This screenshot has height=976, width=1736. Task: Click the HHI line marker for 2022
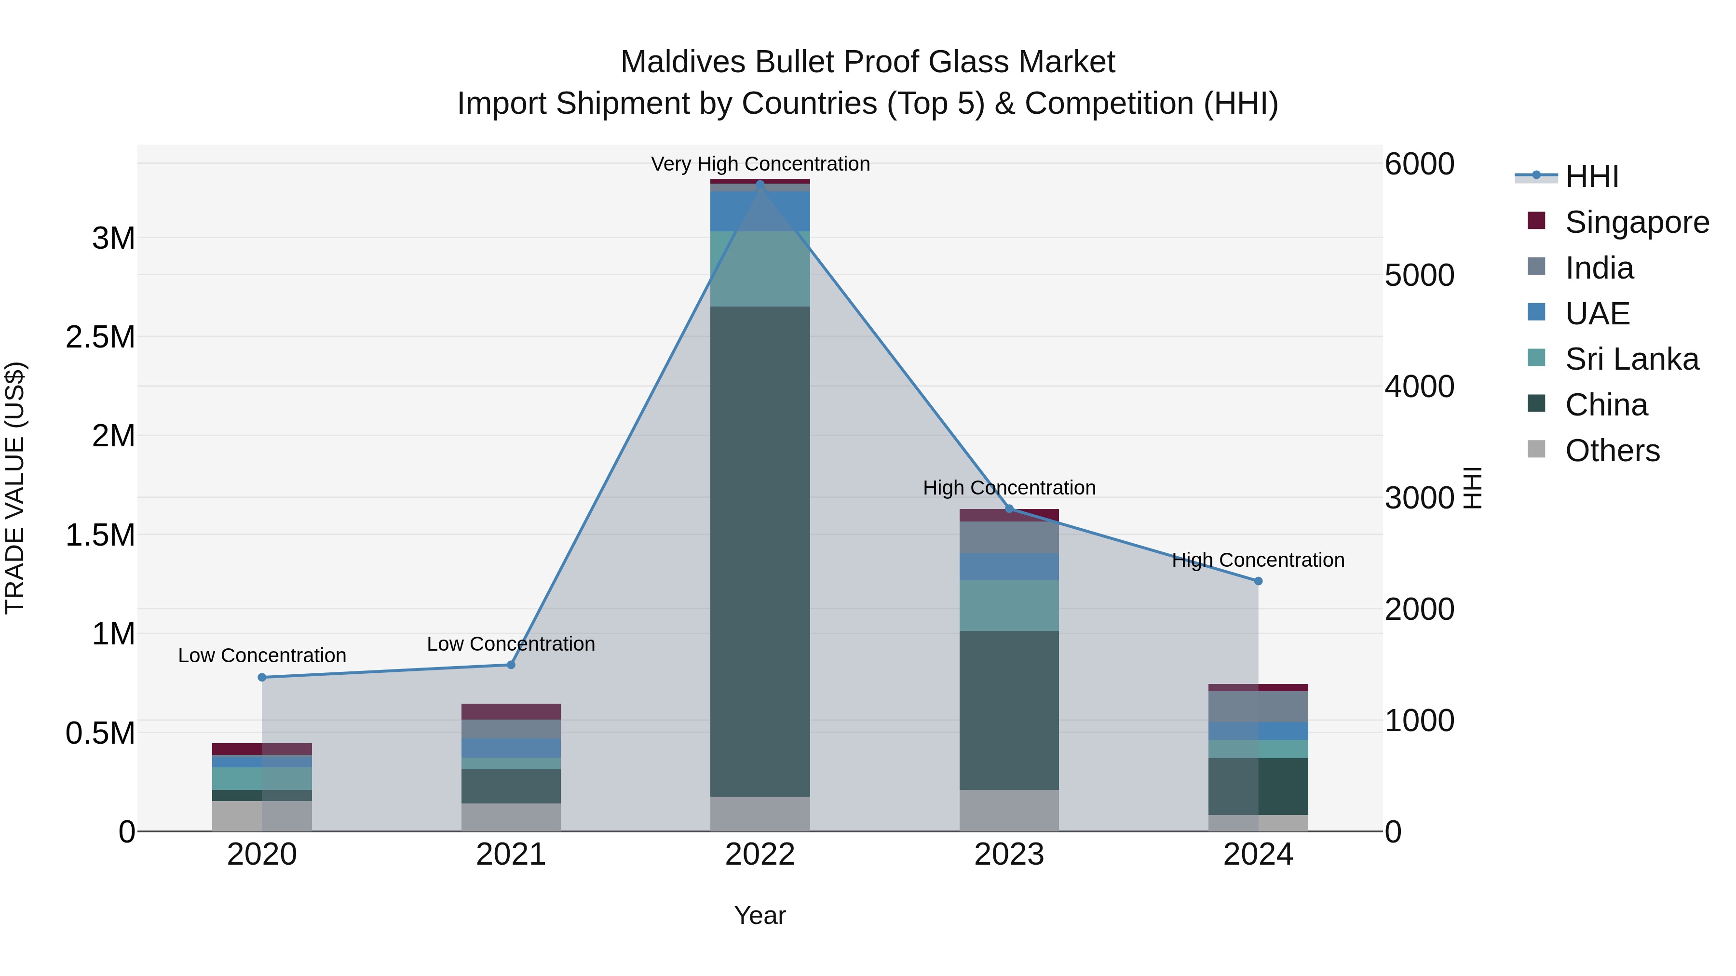(760, 184)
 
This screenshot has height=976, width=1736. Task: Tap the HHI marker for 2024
(1258, 581)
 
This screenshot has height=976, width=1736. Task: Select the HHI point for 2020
(262, 677)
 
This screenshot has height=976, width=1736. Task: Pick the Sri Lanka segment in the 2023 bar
(1009, 605)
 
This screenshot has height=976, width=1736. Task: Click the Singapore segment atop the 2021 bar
(511, 711)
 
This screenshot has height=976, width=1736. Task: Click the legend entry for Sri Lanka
(1631, 359)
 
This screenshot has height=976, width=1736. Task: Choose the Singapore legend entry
(1636, 222)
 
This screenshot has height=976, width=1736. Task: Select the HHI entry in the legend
(1591, 176)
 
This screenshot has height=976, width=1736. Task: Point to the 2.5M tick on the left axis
(100, 337)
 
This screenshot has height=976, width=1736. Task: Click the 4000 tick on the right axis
(1419, 387)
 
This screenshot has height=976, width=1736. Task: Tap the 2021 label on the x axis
(511, 855)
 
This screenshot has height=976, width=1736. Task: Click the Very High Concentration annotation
(760, 164)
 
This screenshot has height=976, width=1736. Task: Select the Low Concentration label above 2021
(511, 643)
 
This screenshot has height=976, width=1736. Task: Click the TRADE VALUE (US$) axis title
(15, 488)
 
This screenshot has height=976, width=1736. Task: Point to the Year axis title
(759, 915)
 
